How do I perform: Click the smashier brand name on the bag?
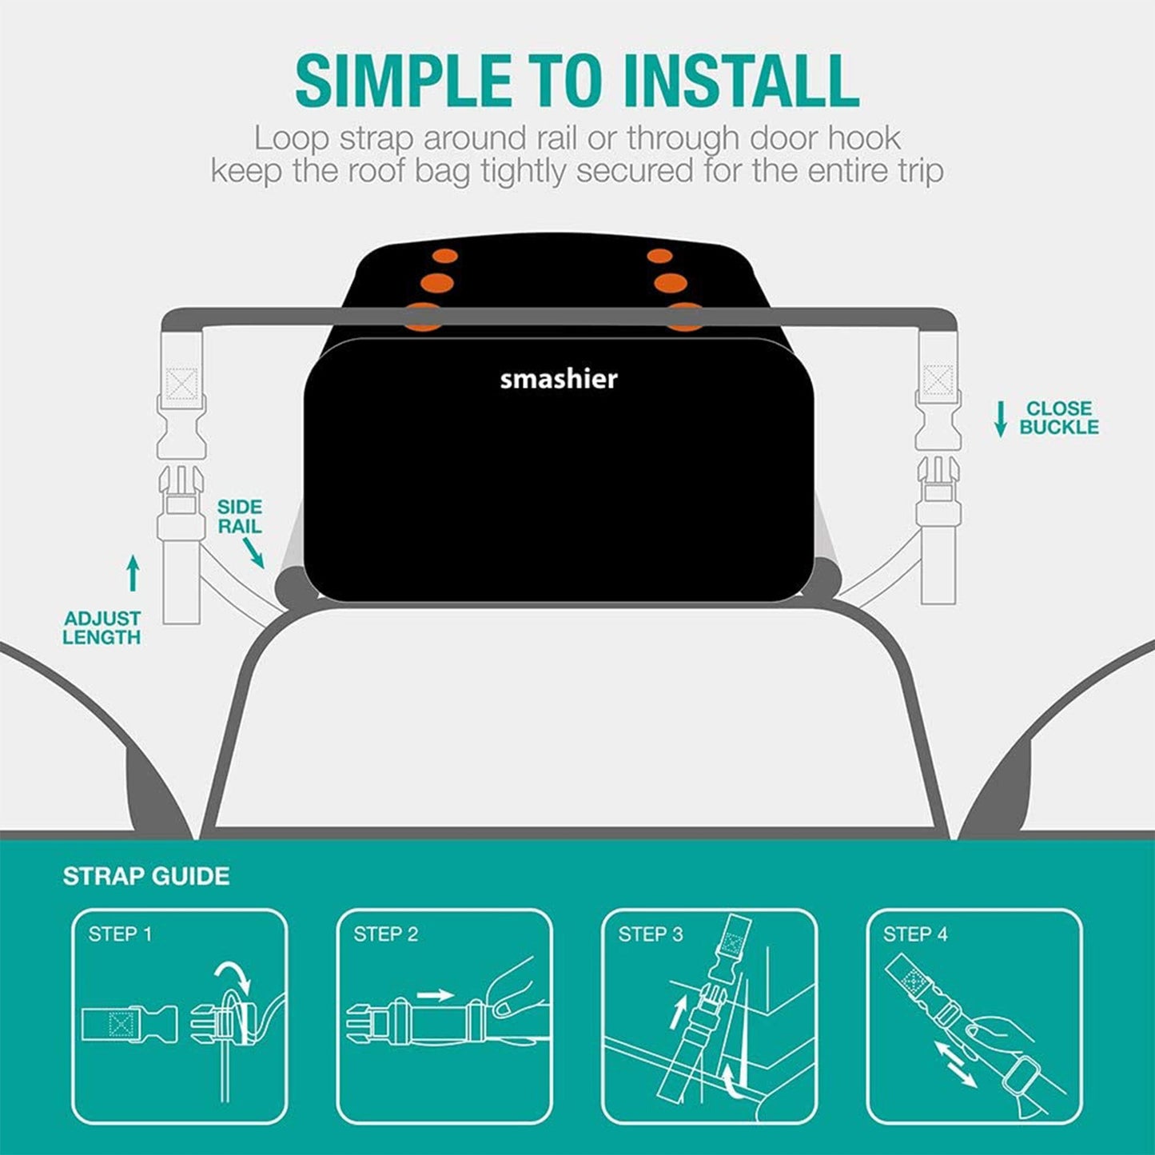[x=559, y=379]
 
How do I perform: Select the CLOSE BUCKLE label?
[x=1058, y=418]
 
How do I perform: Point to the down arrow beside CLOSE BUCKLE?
[x=1000, y=419]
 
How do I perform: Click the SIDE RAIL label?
[x=239, y=516]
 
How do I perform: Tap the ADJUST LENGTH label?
[x=102, y=627]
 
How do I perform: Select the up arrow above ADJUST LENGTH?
[x=133, y=573]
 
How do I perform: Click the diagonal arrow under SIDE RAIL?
[x=254, y=552]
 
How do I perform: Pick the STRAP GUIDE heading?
[x=146, y=876]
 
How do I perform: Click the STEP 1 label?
[x=120, y=934]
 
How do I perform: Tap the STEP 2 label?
[x=385, y=934]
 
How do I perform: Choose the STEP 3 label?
[x=651, y=934]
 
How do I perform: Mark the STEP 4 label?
[x=915, y=934]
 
